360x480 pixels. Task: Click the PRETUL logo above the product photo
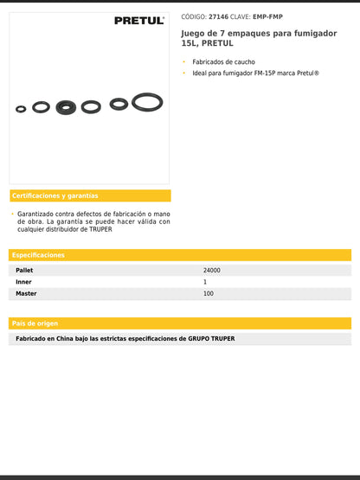138,21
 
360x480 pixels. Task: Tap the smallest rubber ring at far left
21,109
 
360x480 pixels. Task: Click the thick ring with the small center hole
66,107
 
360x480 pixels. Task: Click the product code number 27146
219,16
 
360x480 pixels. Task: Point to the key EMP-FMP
267,16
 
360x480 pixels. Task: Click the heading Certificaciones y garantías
55,195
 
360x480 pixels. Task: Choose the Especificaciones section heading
39,255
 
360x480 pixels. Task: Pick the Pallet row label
25,271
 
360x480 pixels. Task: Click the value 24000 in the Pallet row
212,271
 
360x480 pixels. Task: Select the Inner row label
24,282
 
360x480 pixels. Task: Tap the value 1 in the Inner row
205,282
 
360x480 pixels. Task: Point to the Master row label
27,294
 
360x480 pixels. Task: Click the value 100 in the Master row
209,294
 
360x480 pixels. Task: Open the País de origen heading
35,323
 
